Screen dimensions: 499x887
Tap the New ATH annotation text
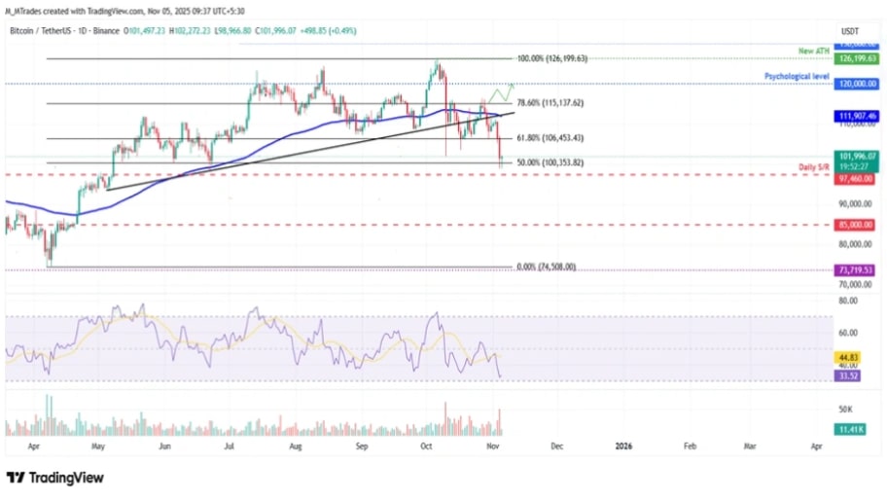(x=811, y=50)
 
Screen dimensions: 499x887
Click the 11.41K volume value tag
(x=851, y=429)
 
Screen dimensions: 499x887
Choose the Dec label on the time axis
(x=556, y=446)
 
